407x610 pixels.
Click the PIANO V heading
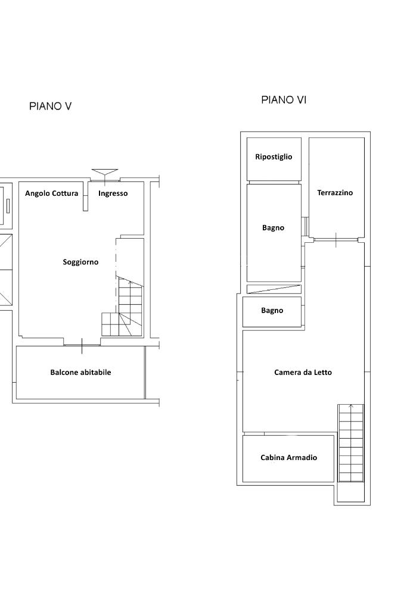click(x=50, y=106)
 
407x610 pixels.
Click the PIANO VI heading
click(x=284, y=100)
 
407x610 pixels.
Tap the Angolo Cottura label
click(x=51, y=193)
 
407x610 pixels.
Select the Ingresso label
click(x=113, y=193)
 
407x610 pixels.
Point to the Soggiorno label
click(x=80, y=262)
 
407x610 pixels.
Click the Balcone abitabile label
click(x=80, y=373)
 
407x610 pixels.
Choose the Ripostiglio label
click(x=274, y=157)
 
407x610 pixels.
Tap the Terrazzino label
click(x=335, y=193)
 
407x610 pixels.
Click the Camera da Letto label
click(x=303, y=373)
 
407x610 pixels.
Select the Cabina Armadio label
click(x=288, y=458)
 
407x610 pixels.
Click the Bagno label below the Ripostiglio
click(x=273, y=228)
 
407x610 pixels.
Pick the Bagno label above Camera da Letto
click(x=272, y=311)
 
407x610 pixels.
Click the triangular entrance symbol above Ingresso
click(x=105, y=173)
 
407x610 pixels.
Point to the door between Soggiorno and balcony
click(x=82, y=345)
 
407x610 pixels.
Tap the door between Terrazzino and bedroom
click(x=335, y=240)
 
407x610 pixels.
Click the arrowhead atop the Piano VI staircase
click(x=351, y=406)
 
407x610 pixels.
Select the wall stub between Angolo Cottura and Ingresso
click(x=85, y=196)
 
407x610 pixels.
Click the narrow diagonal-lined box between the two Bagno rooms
click(x=274, y=289)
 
